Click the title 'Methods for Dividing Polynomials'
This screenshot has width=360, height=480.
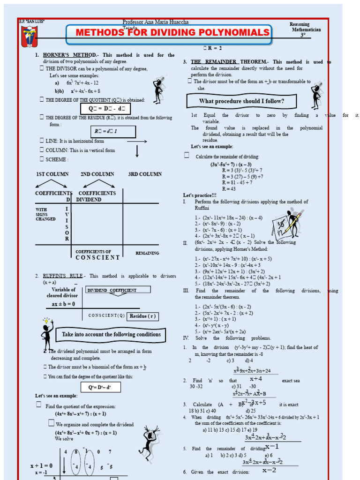coord(172,32)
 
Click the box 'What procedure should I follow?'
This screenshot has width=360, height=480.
coord(241,101)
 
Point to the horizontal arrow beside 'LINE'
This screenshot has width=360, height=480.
coord(137,141)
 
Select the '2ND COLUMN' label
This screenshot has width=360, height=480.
coord(97,174)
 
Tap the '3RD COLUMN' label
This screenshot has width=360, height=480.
coord(145,174)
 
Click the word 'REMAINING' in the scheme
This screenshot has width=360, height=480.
coord(147,253)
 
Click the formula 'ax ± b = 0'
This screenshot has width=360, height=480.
coord(63,304)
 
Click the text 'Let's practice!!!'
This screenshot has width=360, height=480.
coord(200,195)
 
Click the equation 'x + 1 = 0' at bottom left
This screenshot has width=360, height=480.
coord(41,465)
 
